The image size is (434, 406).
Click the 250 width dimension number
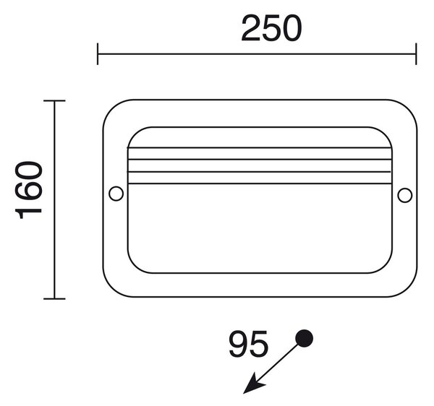[271, 28]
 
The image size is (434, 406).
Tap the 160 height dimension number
[29, 190]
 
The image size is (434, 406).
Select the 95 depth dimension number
[249, 344]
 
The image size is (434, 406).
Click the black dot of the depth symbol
[305, 338]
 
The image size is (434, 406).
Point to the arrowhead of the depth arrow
[253, 384]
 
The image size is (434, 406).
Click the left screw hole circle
[116, 194]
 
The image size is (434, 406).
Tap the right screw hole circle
[404, 195]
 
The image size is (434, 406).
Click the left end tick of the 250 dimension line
[98, 54]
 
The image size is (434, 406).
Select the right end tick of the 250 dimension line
[416, 54]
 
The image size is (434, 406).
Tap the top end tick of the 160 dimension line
[54, 101]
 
